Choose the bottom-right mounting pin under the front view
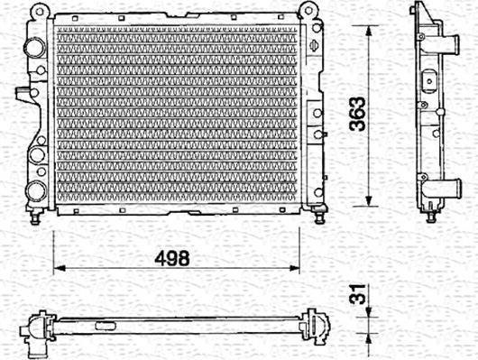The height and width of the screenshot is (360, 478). tap(320, 217)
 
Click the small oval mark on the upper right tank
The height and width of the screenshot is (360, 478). tap(312, 46)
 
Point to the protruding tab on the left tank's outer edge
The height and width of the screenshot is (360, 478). tap(20, 92)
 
